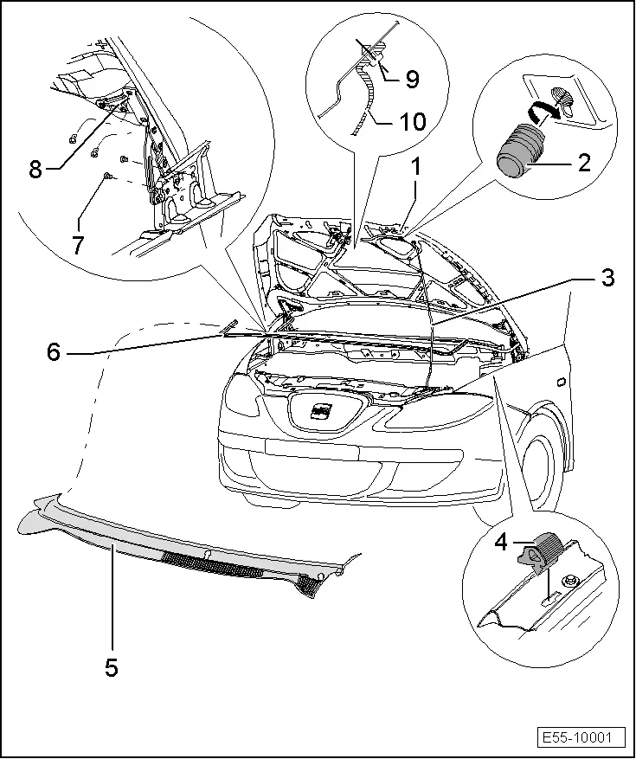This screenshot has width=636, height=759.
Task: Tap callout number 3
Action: [x=608, y=279]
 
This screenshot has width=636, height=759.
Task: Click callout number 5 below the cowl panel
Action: [x=111, y=666]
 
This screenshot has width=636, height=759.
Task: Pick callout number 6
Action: [x=55, y=352]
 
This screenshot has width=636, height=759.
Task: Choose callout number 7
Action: [x=78, y=245]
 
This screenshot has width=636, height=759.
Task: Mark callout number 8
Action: [x=35, y=169]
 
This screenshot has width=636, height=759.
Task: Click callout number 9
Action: [x=411, y=79]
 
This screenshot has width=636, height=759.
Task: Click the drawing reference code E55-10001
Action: [x=578, y=738]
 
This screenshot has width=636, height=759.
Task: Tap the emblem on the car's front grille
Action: [x=321, y=412]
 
